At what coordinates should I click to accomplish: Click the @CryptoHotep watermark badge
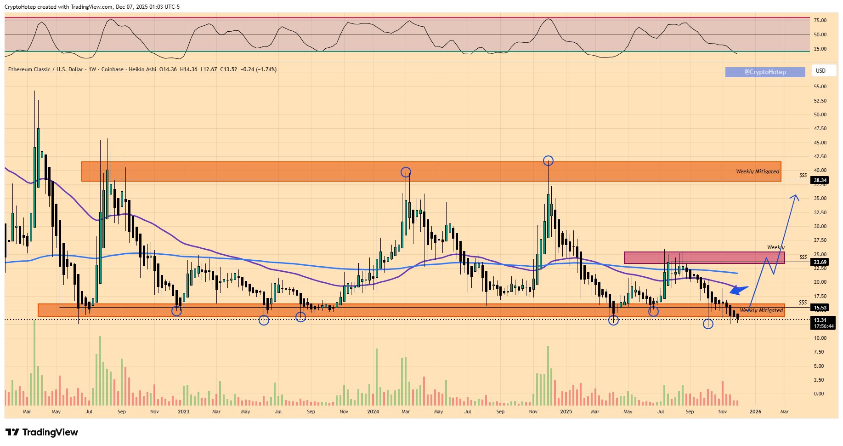(x=765, y=72)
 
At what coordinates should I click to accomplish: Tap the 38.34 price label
(x=820, y=181)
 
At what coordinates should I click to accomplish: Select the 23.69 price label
(x=820, y=262)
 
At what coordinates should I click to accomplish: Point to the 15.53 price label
(x=820, y=308)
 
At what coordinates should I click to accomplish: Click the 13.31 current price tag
(x=820, y=320)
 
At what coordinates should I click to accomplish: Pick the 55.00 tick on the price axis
(x=820, y=86)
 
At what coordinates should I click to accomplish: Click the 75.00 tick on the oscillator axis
(x=820, y=20)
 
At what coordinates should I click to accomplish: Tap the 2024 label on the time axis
(x=373, y=412)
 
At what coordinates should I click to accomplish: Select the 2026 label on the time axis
(x=755, y=412)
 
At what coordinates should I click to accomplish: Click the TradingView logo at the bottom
(x=42, y=432)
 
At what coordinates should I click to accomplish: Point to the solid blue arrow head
(x=737, y=290)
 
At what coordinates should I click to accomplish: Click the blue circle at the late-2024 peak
(x=548, y=161)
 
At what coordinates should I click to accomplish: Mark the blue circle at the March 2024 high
(x=406, y=172)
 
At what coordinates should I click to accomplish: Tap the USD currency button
(x=820, y=71)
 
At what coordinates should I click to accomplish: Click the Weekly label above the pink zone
(x=775, y=247)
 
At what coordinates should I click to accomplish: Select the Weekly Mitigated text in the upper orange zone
(x=758, y=172)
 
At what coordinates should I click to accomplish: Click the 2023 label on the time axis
(x=183, y=412)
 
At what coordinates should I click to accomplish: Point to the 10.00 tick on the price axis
(x=820, y=338)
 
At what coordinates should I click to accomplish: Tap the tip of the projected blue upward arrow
(x=796, y=195)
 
